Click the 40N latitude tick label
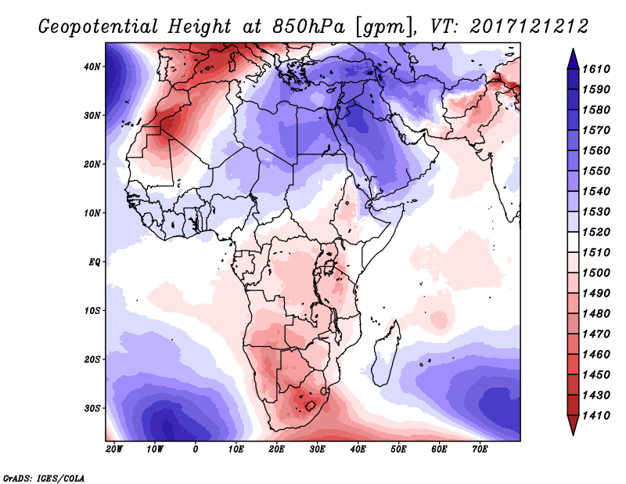pyautogui.click(x=93, y=67)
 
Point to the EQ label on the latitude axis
pyautogui.click(x=93, y=262)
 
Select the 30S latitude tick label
pyautogui.click(x=93, y=408)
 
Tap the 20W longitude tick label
pyautogui.click(x=114, y=450)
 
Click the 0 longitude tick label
pyautogui.click(x=196, y=450)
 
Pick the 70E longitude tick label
pyautogui.click(x=480, y=450)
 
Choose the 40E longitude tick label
pyautogui.click(x=358, y=450)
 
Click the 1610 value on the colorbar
pyautogui.click(x=597, y=69)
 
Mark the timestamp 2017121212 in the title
pyautogui.click(x=529, y=27)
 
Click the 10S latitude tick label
pyautogui.click(x=93, y=311)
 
